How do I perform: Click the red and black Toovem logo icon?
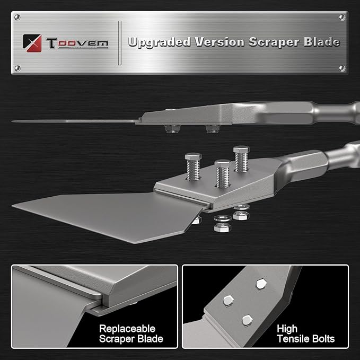pos(32,43)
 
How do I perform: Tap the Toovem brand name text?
pos(77,43)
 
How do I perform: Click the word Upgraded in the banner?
pos(160,42)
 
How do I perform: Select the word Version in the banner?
pos(219,42)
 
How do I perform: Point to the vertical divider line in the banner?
pos(120,43)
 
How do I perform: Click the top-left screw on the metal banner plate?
pos(17,17)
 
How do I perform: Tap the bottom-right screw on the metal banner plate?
pos(342,68)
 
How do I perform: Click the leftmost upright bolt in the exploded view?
pos(194,166)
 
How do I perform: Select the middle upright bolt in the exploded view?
pos(222,173)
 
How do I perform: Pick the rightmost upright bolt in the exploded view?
pos(242,159)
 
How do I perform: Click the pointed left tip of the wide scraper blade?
pos(12,206)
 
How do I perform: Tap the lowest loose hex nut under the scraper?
pos(222,227)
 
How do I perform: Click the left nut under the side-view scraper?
pos(172,129)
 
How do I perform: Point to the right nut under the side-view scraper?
pos(213,129)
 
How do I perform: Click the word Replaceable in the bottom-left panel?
pos(127,329)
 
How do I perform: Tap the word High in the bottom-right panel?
pos(287,329)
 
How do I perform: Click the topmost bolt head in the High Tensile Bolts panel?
pos(261,284)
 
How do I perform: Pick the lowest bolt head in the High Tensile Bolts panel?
pos(247,320)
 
